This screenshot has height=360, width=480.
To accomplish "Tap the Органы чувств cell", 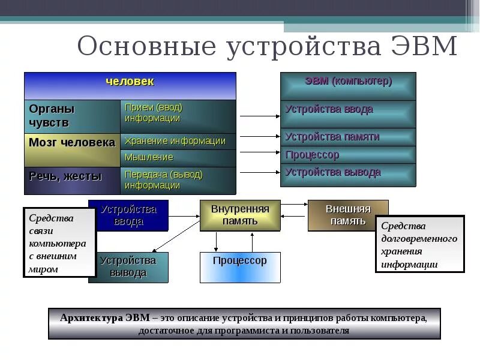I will pyautogui.click(x=72, y=116).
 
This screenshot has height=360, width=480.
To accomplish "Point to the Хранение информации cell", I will pyautogui.click(x=178, y=141).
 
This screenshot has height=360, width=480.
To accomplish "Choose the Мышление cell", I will pyautogui.click(x=178, y=158).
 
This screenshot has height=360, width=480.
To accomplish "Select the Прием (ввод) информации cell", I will pyautogui.click(x=178, y=113).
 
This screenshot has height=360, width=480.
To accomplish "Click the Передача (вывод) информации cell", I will pyautogui.click(x=178, y=180).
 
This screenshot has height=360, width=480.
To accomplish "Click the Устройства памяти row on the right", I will pyautogui.click(x=348, y=137).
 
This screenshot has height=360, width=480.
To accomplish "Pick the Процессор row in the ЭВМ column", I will pyautogui.click(x=348, y=155).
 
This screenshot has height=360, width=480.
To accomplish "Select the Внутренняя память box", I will pyautogui.click(x=240, y=215).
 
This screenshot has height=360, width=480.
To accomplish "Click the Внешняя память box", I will pyautogui.click(x=348, y=215).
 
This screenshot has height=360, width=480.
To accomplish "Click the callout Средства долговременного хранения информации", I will pyautogui.click(x=419, y=244).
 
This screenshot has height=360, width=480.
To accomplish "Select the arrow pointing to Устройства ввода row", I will pyautogui.click(x=259, y=116).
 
